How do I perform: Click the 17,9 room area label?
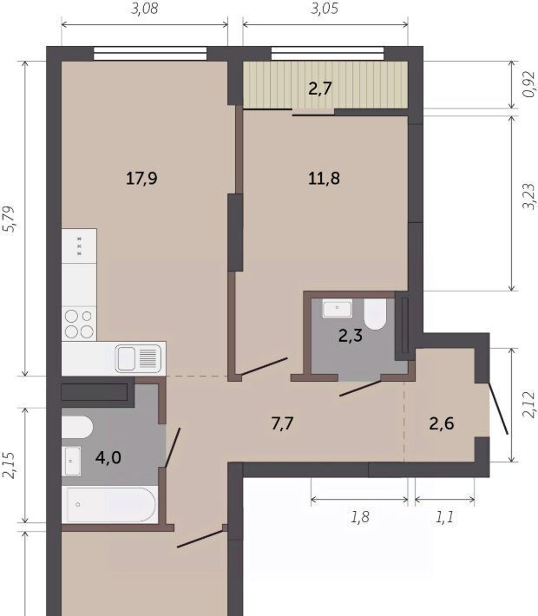point(141,179)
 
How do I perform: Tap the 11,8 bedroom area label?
point(324,179)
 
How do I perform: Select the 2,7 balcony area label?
point(320,88)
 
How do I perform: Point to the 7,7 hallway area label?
point(283,423)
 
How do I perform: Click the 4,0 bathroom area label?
point(108,458)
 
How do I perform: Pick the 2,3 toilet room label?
point(351,336)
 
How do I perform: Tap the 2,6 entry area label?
point(442,423)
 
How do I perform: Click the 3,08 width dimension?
point(144,9)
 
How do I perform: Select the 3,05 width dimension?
point(325,9)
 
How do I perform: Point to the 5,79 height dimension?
point(9,219)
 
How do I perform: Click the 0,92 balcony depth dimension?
point(529,84)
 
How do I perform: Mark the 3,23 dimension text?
point(529,196)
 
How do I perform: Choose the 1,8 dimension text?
point(359,517)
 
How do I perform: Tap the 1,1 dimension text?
point(444,517)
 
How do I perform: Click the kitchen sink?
point(138,358)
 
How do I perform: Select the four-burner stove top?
point(79,324)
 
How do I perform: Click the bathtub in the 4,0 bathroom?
point(109,504)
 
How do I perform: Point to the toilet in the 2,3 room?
point(375,314)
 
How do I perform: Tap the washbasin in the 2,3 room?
point(338,308)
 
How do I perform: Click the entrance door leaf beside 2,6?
point(498,409)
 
